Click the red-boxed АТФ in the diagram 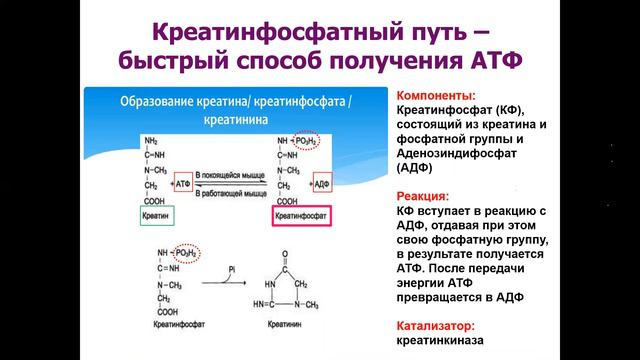tap(184, 184)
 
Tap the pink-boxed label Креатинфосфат tap(301, 216)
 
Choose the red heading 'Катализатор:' tap(436, 326)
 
